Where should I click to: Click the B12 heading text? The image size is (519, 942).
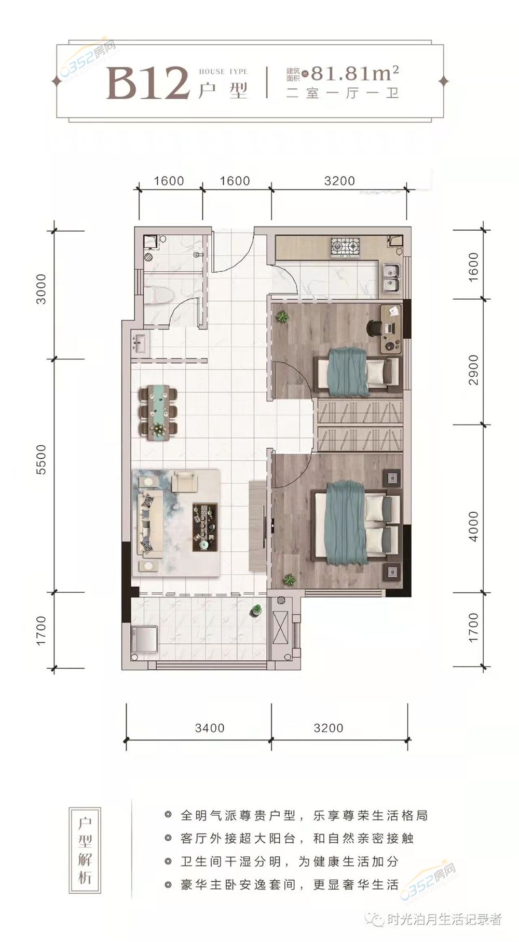[x=148, y=84]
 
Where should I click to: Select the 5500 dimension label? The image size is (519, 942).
[x=42, y=459]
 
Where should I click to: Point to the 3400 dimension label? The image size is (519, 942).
[x=210, y=728]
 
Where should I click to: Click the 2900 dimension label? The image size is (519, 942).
[x=473, y=369]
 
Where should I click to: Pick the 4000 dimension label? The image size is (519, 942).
[x=473, y=526]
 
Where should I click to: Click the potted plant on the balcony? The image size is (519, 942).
[x=256, y=611]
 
